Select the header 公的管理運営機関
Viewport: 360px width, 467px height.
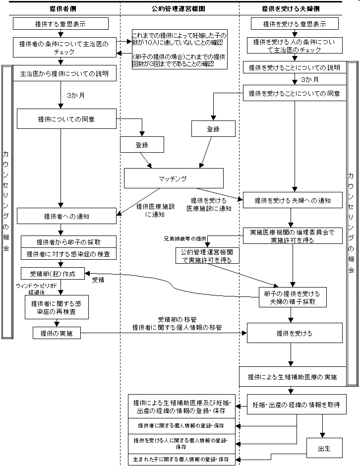click(x=179, y=8)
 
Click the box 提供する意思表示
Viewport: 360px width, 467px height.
click(x=60, y=23)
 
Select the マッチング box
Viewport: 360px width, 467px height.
click(x=173, y=178)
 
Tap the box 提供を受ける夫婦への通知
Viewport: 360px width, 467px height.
click(x=293, y=201)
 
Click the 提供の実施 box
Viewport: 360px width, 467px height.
click(x=57, y=334)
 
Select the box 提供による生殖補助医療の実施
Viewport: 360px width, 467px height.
click(x=293, y=377)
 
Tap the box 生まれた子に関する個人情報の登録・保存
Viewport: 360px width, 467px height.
click(x=181, y=460)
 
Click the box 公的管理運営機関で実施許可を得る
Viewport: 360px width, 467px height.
click(x=207, y=255)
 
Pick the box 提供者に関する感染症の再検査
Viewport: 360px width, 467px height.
click(x=57, y=307)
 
